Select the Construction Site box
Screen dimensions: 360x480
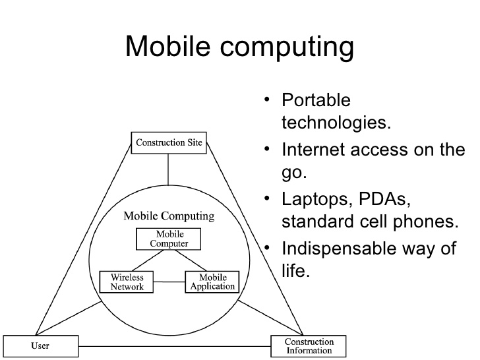[x=169, y=142]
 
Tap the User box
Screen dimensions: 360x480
[x=40, y=345]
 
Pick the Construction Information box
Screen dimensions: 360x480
[x=309, y=345]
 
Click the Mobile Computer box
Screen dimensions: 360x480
[x=169, y=239]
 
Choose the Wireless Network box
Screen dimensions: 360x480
[x=127, y=282]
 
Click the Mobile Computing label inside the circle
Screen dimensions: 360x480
[x=169, y=216]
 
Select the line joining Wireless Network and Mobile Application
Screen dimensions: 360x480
[x=169, y=282]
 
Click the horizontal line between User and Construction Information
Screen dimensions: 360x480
[x=174, y=346]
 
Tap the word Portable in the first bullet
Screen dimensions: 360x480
[x=316, y=101]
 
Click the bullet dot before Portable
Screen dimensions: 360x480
[x=266, y=100]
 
